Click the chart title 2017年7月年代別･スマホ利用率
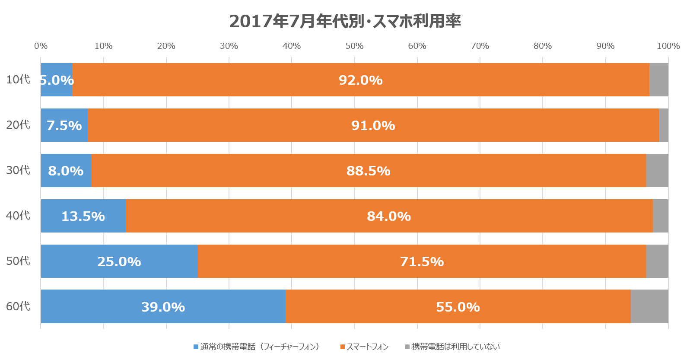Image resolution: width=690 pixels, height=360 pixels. (x=345, y=21)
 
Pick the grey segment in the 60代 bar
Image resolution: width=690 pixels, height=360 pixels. (x=649, y=306)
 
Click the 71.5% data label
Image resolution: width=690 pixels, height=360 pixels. (x=422, y=261)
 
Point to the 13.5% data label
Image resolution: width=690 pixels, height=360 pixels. (x=83, y=216)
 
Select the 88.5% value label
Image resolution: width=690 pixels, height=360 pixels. (x=368, y=171)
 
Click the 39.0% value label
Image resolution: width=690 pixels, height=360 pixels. (x=163, y=307)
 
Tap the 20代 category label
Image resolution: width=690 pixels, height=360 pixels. (x=18, y=125)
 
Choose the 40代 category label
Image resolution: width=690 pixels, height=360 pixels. (x=18, y=215)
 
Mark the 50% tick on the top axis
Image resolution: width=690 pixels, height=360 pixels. (x=354, y=46)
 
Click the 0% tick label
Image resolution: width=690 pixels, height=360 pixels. (x=41, y=46)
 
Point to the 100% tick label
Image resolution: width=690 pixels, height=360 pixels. (x=668, y=46)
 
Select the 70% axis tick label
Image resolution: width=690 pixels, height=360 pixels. (x=480, y=46)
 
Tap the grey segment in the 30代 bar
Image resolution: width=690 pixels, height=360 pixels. (x=657, y=171)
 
